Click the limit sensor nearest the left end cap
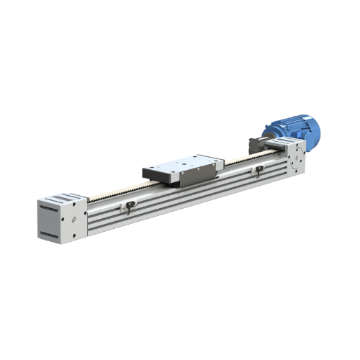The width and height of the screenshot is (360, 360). click(x=128, y=207)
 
